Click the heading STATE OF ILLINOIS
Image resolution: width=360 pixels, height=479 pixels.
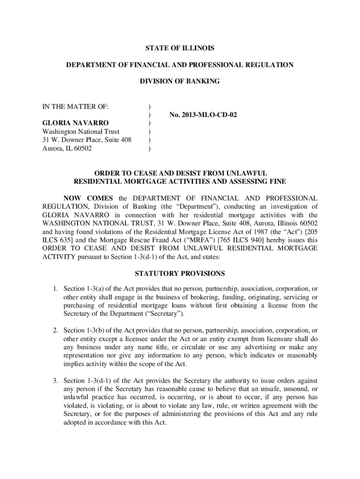click(180, 48)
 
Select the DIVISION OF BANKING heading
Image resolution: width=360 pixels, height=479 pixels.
click(180, 81)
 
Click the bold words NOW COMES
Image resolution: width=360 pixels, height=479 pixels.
click(88, 198)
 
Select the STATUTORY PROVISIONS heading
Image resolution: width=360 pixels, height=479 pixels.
click(180, 273)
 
